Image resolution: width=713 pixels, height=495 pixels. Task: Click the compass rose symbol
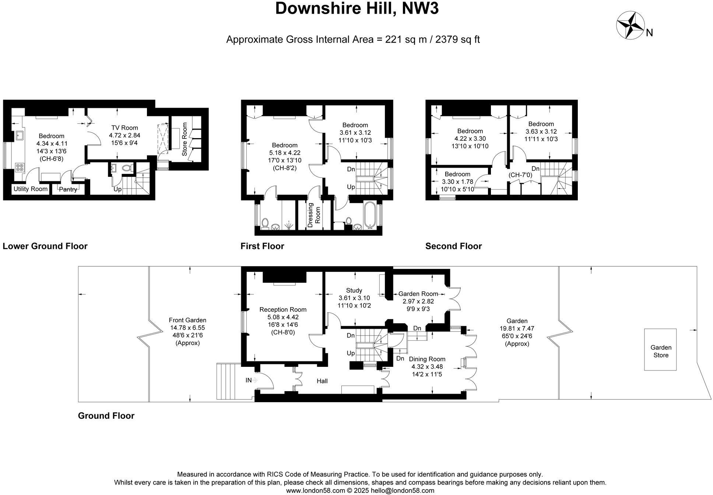631,25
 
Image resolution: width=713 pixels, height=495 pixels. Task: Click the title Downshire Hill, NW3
357,8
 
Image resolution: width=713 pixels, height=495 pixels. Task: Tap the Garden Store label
661,351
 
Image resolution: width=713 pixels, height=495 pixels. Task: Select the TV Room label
124,128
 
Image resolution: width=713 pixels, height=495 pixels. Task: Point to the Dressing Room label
314,215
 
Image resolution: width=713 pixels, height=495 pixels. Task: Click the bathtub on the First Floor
370,215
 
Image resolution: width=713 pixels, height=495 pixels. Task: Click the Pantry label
68,189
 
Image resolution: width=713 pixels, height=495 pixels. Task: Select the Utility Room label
31,189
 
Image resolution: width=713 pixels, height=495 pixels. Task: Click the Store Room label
185,139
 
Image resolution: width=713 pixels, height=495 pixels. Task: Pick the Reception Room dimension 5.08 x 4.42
283,317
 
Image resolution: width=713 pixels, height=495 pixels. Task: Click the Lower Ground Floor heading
45,246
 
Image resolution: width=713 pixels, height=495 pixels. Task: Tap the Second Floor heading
453,246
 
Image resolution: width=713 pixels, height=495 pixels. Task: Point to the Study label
354,290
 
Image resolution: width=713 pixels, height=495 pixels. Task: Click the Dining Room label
427,359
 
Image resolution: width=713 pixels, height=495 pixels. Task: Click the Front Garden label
187,320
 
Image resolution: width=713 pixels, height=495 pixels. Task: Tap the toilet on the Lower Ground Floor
127,168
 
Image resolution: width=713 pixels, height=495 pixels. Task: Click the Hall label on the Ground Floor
322,381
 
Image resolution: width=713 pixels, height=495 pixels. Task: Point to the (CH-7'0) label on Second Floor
520,175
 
